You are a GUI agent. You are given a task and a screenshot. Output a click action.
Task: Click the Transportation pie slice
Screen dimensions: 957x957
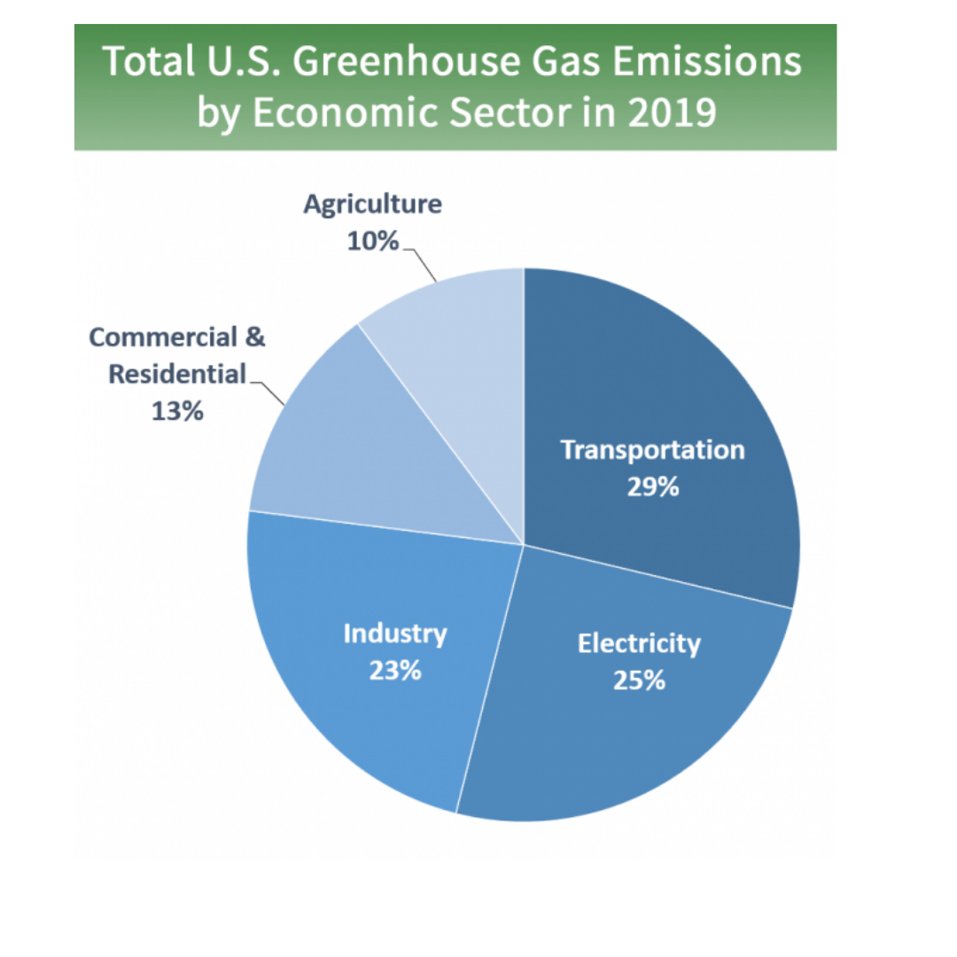(x=673, y=372)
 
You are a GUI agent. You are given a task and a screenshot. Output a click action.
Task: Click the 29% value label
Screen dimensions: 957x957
(x=653, y=486)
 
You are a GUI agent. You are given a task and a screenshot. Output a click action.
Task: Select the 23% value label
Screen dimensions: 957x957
(x=395, y=670)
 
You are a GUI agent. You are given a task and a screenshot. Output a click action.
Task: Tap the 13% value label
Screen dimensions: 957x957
(x=177, y=412)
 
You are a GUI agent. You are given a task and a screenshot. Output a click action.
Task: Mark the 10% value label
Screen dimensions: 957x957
(x=372, y=241)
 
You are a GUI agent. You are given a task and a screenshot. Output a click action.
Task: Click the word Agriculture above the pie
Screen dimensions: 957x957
(x=372, y=205)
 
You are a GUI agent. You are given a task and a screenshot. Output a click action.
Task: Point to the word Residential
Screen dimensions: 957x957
(x=177, y=375)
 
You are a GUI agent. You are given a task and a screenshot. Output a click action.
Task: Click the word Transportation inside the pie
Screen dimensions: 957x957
(x=653, y=450)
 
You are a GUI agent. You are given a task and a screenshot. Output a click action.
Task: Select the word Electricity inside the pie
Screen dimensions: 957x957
(x=639, y=643)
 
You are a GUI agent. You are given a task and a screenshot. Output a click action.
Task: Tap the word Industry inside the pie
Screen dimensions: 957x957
(x=395, y=634)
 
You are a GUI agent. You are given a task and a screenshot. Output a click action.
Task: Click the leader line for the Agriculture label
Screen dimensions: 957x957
(x=423, y=264)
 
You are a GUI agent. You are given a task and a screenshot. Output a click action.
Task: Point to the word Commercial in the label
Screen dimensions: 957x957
(x=166, y=338)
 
